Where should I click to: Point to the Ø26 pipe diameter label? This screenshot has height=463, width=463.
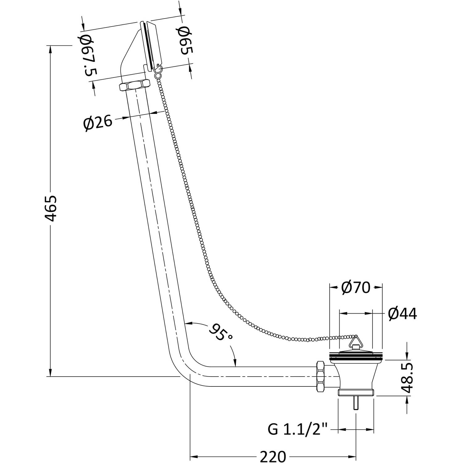pos(98,123)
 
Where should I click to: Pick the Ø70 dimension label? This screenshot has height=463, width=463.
pos(356,288)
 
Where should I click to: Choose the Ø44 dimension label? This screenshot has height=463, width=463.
pos(403,314)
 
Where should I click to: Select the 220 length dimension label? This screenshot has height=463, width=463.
pos(273,457)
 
